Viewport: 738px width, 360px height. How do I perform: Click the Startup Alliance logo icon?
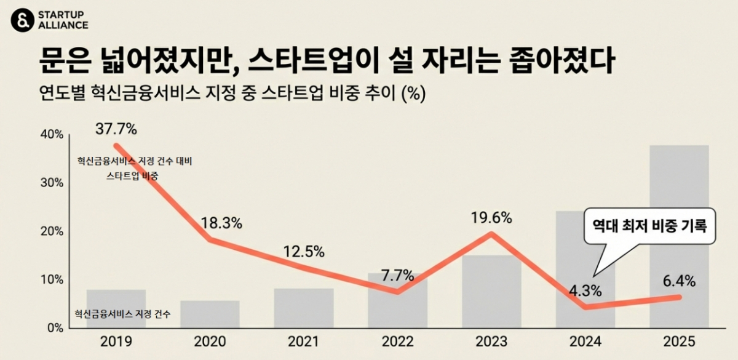pyautogui.click(x=22, y=20)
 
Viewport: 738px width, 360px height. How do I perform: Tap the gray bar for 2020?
pyautogui.click(x=210, y=314)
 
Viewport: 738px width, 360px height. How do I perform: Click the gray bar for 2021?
pyautogui.click(x=304, y=308)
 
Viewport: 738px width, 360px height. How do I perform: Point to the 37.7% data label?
pyautogui.click(x=116, y=129)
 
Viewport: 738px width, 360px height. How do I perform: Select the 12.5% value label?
pyautogui.click(x=304, y=252)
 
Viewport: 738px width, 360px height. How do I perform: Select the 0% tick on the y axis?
pyautogui.click(x=56, y=328)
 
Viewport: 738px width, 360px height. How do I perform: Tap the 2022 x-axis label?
pyautogui.click(x=397, y=342)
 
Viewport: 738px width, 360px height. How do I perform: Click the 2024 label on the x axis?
pyautogui.click(x=585, y=342)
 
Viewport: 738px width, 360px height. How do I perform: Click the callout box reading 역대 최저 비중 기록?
pyautogui.click(x=649, y=226)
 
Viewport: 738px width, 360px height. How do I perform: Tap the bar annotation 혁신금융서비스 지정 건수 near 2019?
pyautogui.click(x=122, y=314)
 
